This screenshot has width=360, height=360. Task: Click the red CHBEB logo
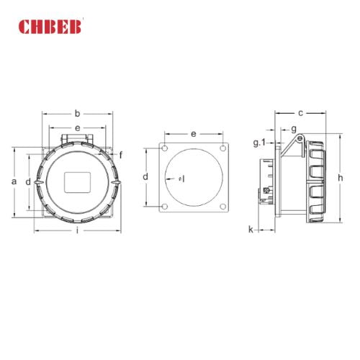(51, 27)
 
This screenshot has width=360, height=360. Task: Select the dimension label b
(77, 112)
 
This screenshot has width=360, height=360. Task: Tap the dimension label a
(13, 181)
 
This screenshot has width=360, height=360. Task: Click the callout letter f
(120, 155)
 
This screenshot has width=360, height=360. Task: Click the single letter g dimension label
(294, 128)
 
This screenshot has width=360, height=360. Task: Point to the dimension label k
(251, 230)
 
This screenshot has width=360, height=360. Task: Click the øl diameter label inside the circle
(180, 178)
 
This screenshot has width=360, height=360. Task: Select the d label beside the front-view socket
(28, 181)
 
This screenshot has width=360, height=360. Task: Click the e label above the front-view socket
(77, 127)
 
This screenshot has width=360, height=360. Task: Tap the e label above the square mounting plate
(194, 134)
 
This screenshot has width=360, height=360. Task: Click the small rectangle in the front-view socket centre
(77, 182)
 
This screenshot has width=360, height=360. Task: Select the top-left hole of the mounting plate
(165, 149)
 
